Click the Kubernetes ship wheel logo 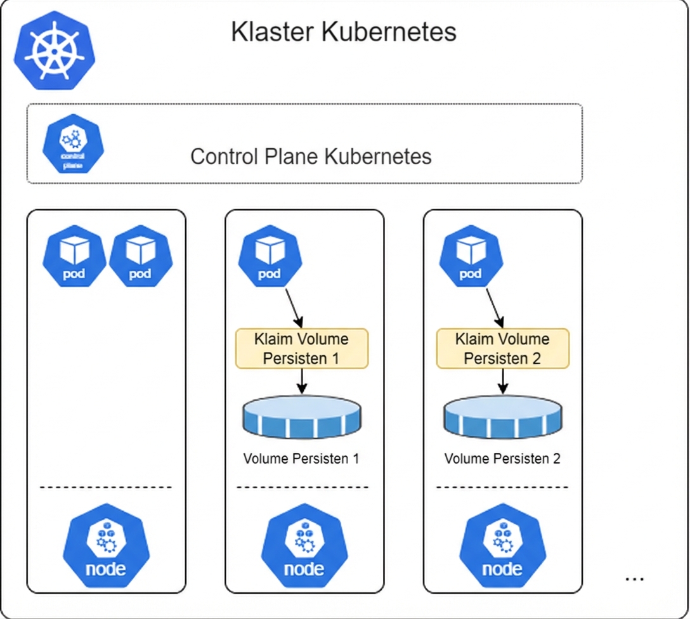click(55, 51)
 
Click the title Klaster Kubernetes click(343, 32)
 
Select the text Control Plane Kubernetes click(311, 157)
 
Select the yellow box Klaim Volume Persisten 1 click(302, 348)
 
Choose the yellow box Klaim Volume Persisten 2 click(502, 348)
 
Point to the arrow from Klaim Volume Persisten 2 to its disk click(503, 381)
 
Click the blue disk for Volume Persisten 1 click(301, 415)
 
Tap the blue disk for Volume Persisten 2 click(503, 417)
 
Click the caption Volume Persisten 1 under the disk click(301, 459)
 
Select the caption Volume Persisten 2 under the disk click(502, 459)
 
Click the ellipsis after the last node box click(634, 578)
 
